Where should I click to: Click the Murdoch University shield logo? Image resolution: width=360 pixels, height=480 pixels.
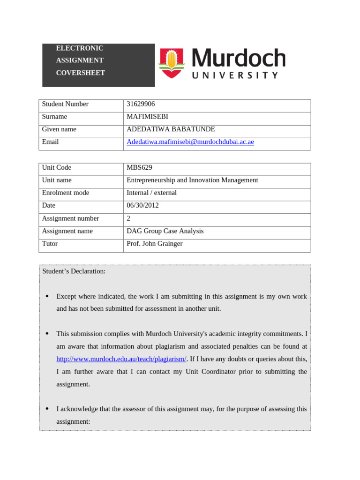(172, 63)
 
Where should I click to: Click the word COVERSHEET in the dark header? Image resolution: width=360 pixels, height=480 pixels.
(80, 73)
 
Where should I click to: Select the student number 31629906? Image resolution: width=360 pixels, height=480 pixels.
(141, 104)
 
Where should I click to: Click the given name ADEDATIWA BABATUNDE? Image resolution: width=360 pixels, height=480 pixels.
(171, 129)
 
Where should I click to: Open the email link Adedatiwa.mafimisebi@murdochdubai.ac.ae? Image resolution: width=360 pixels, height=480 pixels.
(190, 142)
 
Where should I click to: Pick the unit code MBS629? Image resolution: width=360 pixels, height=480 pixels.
(139, 167)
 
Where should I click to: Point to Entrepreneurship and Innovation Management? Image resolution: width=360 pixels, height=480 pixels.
(192, 180)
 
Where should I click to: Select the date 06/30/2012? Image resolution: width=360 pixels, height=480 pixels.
(142, 205)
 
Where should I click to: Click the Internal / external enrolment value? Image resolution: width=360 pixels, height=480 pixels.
(151, 193)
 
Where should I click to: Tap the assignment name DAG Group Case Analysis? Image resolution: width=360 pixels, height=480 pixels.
(165, 231)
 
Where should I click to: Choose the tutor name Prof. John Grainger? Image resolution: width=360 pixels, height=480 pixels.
(154, 244)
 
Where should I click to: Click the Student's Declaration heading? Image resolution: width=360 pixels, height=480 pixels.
(74, 271)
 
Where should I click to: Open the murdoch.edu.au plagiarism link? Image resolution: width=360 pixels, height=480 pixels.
(121, 359)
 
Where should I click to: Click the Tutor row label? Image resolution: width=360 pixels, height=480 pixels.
(50, 244)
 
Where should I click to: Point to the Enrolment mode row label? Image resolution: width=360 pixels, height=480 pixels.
(66, 193)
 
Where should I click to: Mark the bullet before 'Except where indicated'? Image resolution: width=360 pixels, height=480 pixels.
(47, 297)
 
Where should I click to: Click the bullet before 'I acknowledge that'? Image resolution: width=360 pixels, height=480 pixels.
(47, 409)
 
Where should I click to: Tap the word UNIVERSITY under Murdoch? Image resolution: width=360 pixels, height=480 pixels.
(235, 75)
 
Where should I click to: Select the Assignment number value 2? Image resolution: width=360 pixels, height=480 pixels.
(128, 218)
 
